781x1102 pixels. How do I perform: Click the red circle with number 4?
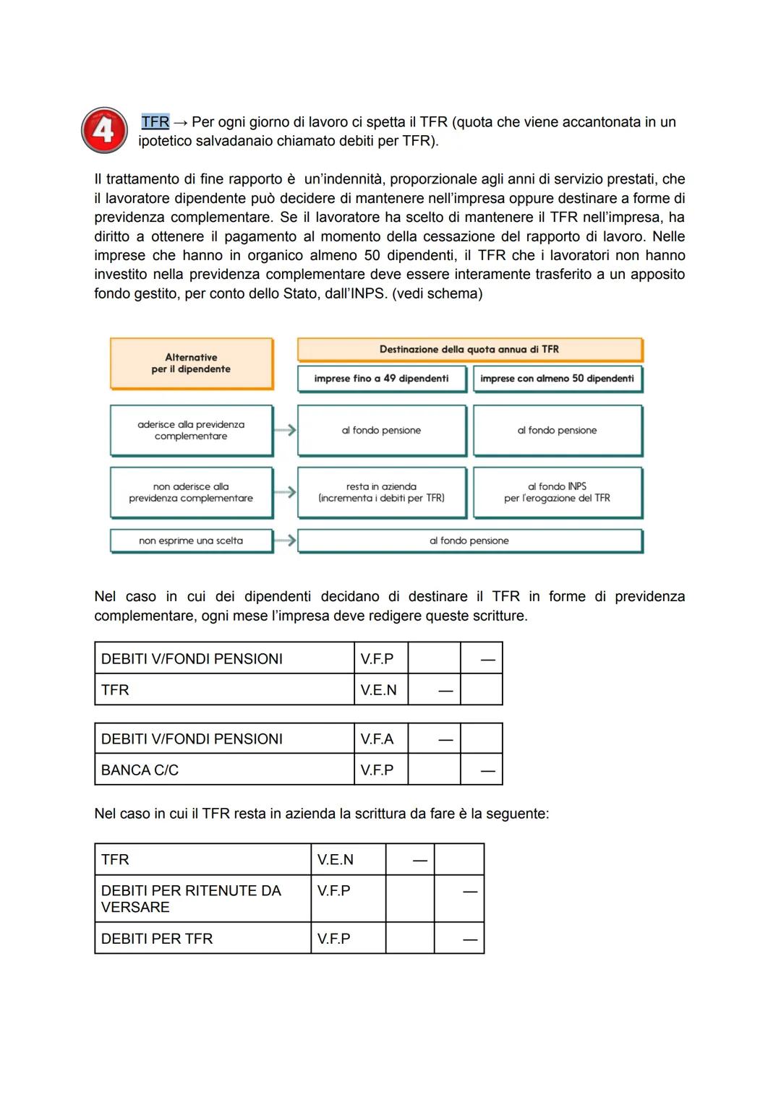[x=104, y=131]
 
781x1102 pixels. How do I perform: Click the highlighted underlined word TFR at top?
[x=155, y=122]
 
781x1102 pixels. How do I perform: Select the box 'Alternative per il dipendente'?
[x=191, y=363]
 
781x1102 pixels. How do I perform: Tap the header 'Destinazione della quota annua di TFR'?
[x=469, y=350]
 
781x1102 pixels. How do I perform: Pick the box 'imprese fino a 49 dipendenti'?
[x=381, y=379]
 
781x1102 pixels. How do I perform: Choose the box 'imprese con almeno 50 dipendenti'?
[x=557, y=379]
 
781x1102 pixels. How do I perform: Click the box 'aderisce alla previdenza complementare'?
[x=191, y=431]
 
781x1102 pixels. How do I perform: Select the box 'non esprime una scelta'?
[x=191, y=541]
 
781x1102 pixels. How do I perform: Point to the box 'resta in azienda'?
[x=381, y=493]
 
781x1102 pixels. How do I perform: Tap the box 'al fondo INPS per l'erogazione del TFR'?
[x=557, y=493]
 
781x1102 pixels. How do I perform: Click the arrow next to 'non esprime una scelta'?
[x=286, y=541]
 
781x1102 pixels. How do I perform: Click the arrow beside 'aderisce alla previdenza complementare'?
[x=286, y=430]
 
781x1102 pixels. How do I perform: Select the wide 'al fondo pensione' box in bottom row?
[x=469, y=541]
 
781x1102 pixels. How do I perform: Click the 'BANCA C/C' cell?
[x=224, y=770]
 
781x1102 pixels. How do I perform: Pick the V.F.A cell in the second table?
[x=380, y=739]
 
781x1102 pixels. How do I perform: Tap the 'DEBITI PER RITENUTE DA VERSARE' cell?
[x=202, y=899]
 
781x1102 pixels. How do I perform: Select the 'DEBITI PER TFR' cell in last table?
[x=202, y=939]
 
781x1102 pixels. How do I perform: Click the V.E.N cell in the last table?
[x=348, y=860]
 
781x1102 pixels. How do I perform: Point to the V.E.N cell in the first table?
[x=380, y=690]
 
